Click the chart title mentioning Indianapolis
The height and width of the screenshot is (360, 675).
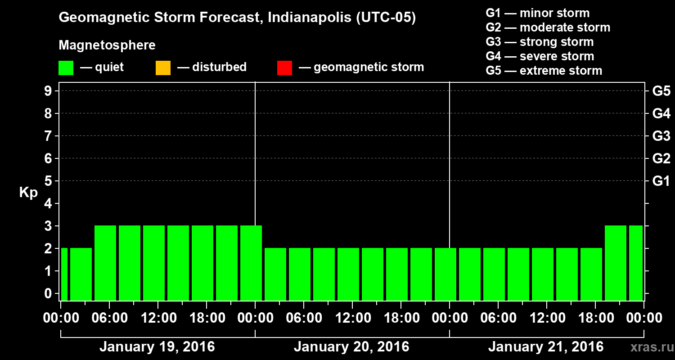pos(237,18)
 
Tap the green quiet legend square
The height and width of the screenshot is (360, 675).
pos(66,68)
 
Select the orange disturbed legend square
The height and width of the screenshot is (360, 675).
pos(163,68)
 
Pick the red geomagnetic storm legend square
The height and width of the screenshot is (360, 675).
pos(284,68)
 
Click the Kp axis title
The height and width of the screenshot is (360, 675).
pos(28,193)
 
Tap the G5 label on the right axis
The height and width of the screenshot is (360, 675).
pos(661,91)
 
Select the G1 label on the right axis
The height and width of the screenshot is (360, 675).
pos(661,181)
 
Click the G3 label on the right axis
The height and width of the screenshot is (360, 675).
pos(661,136)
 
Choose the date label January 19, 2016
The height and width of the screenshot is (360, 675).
pos(157,347)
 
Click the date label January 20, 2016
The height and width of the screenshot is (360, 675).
pos(351,347)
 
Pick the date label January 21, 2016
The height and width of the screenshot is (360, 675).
pos(546,347)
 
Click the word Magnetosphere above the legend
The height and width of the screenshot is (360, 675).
pos(107,45)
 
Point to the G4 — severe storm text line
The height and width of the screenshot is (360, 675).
pos(540,56)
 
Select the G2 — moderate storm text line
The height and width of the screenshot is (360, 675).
pos(548,27)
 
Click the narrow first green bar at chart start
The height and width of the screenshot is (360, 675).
pos(64,274)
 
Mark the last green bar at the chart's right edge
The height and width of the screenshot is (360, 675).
pos(635,263)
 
